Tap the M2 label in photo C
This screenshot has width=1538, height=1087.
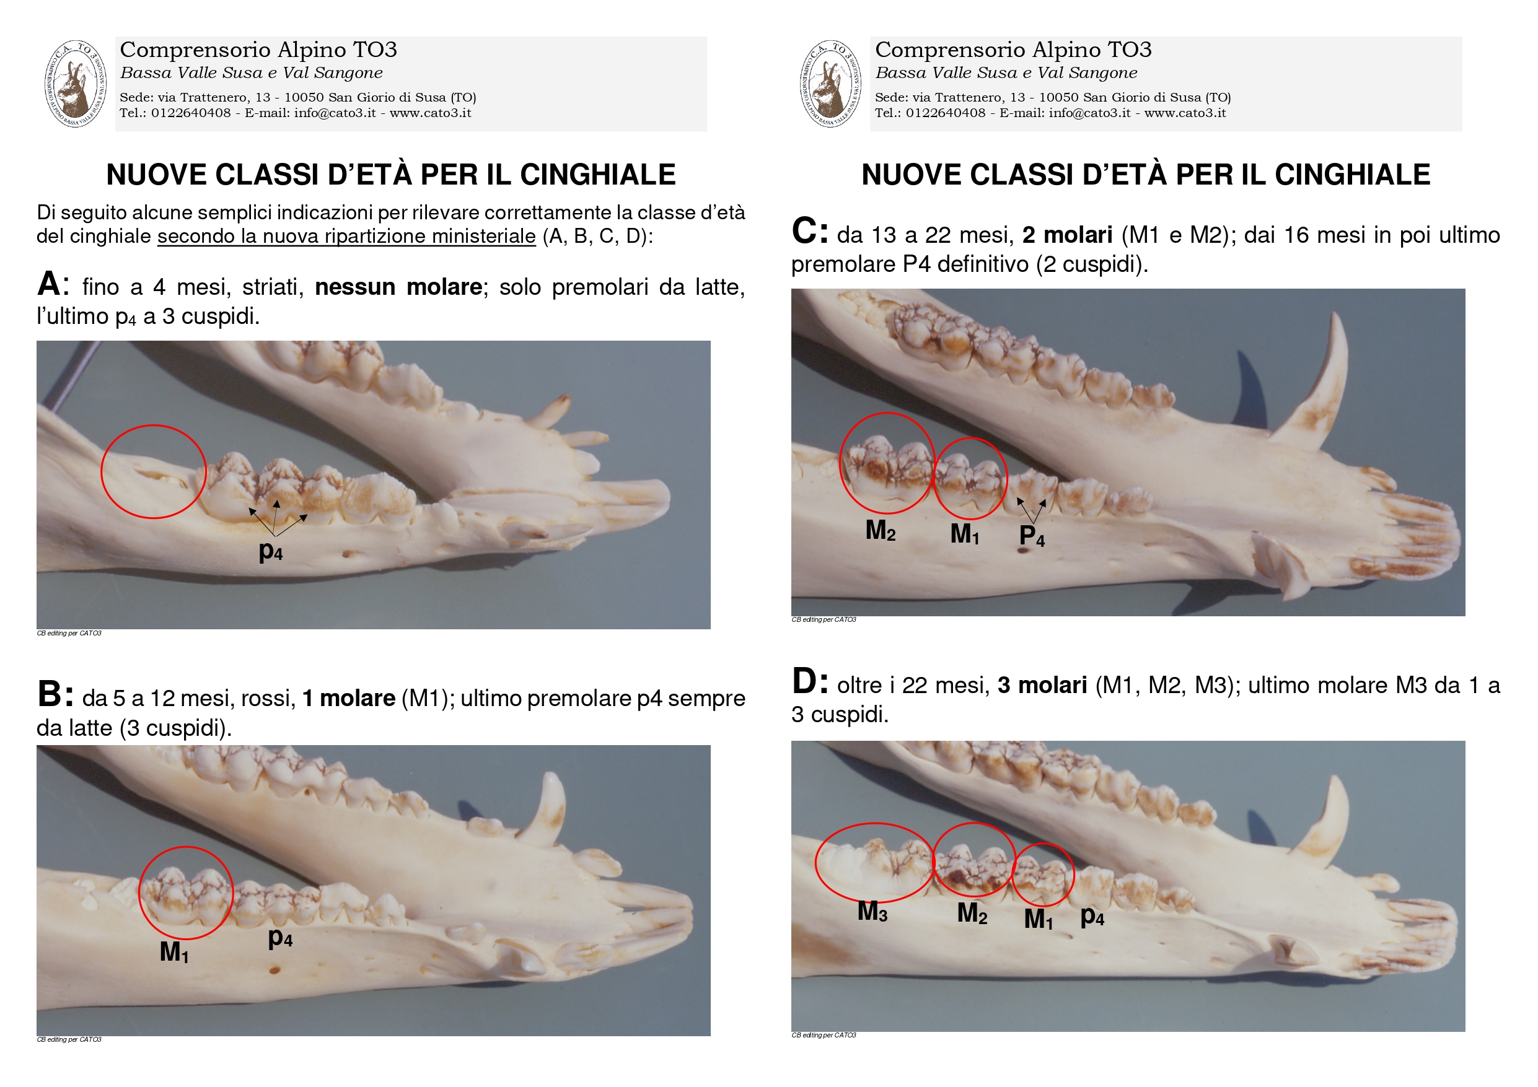(880, 530)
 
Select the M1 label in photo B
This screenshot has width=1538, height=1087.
(174, 953)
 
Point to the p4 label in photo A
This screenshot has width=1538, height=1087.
(271, 552)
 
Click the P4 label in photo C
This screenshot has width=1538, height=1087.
(1032, 536)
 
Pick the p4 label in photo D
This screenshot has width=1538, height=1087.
(1092, 916)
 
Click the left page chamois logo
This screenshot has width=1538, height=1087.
(75, 84)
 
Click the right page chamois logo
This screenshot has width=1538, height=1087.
(830, 84)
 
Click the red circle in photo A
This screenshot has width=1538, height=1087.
(154, 426)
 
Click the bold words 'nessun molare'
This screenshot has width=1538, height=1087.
(398, 287)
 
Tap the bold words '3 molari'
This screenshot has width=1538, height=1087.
(1042, 686)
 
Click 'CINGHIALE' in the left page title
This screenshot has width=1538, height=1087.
(597, 175)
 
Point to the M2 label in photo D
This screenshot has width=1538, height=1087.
(972, 914)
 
